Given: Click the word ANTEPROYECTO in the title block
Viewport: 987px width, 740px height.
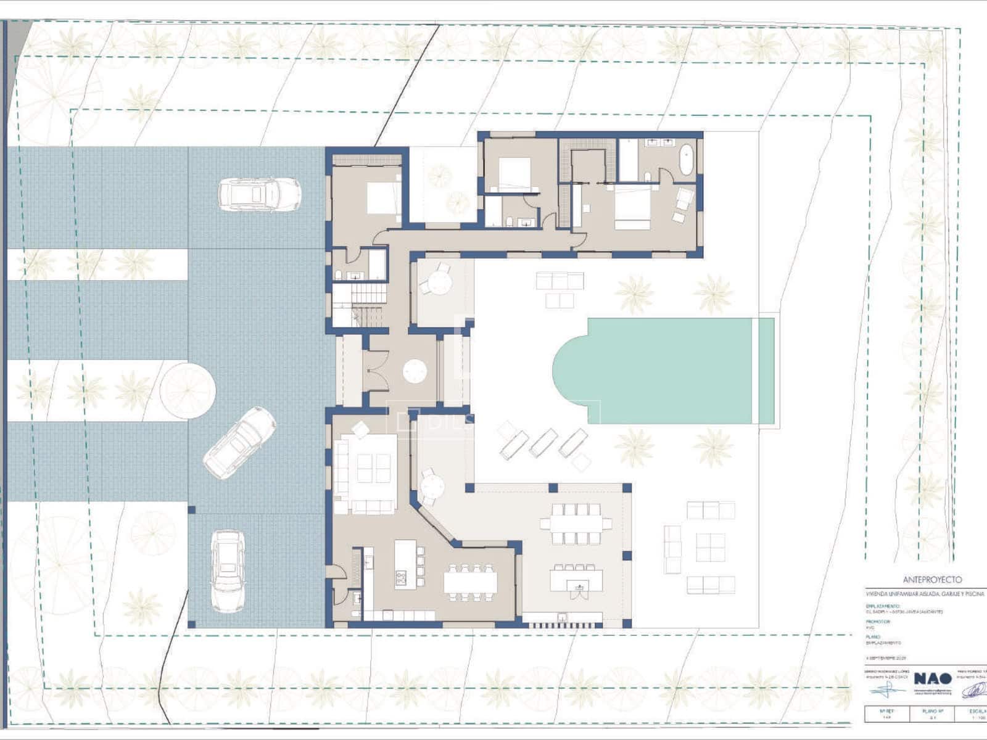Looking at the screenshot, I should point(932,580).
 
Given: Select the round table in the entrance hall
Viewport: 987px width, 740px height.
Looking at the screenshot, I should point(415,371).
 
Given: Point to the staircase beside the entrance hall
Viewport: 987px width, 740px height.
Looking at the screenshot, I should point(360,305).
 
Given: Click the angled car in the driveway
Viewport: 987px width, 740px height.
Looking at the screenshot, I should point(240,442).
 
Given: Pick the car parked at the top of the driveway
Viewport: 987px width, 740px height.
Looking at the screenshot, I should point(260,194).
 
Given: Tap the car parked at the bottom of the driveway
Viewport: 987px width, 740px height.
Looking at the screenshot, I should point(228,570).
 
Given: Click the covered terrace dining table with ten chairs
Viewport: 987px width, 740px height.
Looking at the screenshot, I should point(577,524).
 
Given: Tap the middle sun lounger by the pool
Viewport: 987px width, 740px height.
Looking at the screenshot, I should point(543,442).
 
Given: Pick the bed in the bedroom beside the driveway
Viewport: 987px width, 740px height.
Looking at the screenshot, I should point(384,198).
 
